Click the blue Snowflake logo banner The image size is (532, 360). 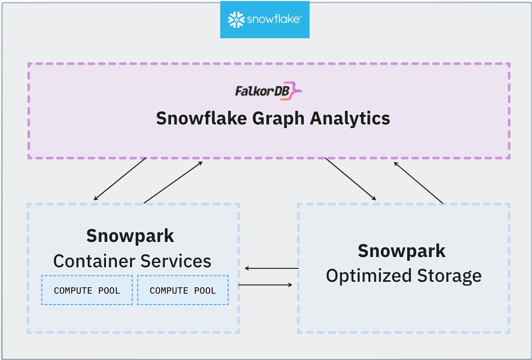pos(265,20)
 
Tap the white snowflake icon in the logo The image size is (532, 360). pos(236,20)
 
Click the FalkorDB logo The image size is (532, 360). pos(268,91)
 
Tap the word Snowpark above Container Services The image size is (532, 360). pos(130,236)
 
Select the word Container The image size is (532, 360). pos(94,261)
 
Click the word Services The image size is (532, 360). pos(176,261)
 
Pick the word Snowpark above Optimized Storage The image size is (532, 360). pos(402,251)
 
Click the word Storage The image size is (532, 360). pos(449,276)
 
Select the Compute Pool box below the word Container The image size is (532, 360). pos(87,290)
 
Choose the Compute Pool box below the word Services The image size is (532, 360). pos(183,290)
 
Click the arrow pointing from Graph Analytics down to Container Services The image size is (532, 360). pos(120,179)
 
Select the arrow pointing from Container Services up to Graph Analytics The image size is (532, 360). pos(173,182)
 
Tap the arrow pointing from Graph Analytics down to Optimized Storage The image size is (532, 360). pos(351,179)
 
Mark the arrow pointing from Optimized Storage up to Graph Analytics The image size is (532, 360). pos(419,182)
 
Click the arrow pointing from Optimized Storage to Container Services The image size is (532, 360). pos(271,268)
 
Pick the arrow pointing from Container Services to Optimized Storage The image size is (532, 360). pos(265,285)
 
